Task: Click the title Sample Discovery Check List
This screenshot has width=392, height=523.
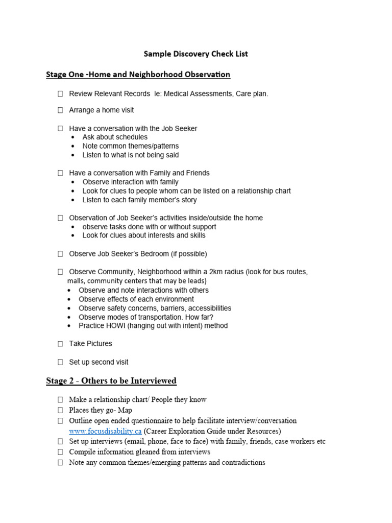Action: point(196,54)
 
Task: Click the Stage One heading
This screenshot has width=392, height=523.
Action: point(138,75)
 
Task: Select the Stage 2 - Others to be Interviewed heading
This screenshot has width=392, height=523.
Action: point(111,381)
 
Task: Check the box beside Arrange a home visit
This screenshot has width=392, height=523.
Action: point(60,110)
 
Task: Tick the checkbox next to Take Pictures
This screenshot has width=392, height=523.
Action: point(60,344)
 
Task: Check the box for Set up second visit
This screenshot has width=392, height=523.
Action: point(60,362)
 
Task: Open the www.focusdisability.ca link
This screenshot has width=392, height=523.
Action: point(105,431)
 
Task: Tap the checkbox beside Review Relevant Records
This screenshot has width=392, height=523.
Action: point(60,94)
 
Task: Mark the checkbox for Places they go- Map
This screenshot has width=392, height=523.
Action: point(60,410)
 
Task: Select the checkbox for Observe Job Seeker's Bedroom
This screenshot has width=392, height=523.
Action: point(60,254)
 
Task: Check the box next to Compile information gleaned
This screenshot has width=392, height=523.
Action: point(60,452)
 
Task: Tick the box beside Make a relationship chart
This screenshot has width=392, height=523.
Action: point(60,399)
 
